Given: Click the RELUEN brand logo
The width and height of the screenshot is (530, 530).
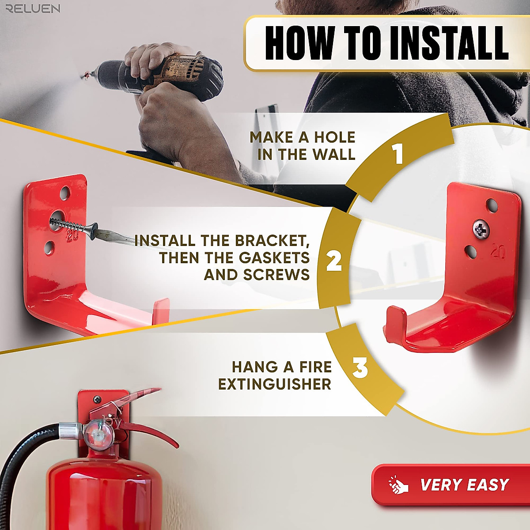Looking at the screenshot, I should (33, 8).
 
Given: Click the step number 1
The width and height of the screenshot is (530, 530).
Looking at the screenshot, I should (399, 155).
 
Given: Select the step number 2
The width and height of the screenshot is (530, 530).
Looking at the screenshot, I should (334, 261).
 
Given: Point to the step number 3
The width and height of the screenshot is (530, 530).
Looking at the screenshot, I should (360, 368).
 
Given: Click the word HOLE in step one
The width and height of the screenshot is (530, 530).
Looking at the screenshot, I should (334, 137).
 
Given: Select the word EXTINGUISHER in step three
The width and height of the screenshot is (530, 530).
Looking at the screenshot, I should (274, 384).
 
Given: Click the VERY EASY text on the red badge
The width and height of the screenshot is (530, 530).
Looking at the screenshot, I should (465, 485).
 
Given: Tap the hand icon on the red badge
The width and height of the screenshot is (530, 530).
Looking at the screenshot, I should (398, 485).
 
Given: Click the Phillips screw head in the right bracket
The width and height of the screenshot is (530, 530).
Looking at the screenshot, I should (480, 229).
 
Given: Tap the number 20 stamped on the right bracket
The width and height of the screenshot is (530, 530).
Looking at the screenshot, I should (498, 252).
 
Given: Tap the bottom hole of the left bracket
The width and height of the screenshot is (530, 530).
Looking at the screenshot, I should (50, 246).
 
